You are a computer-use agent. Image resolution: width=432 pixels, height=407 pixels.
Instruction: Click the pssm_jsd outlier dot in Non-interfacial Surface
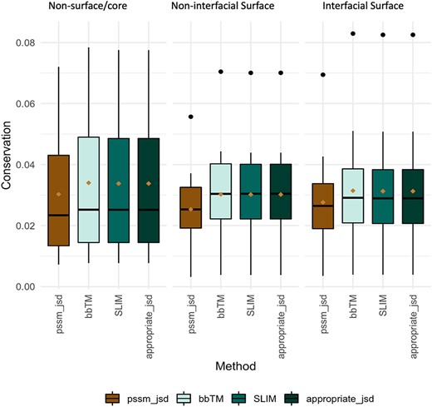click(x=190, y=117)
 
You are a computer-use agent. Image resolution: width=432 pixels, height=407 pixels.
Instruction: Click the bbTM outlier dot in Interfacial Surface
click(x=353, y=34)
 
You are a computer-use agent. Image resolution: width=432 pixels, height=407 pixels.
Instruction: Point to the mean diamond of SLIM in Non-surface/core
click(x=118, y=183)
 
